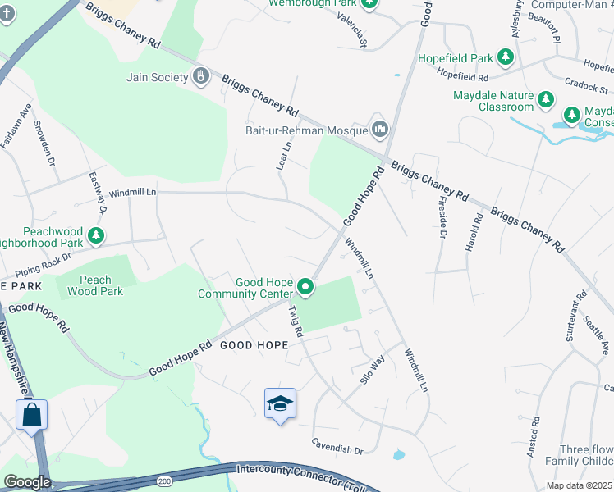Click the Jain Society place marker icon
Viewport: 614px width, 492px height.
coord(201,77)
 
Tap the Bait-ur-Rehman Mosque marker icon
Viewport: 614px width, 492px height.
coord(379,129)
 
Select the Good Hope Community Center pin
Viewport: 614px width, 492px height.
coord(305,287)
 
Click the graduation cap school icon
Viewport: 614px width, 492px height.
coord(280,403)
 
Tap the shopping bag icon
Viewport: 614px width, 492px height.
coord(32,414)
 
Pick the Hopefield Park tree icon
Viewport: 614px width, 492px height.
coord(506,57)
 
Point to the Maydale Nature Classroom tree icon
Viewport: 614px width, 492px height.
coord(546,101)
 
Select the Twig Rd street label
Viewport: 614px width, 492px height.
coord(295,321)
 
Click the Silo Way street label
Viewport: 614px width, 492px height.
coord(372,370)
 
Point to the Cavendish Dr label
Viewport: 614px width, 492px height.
coord(337,449)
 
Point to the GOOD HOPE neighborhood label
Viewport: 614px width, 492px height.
coord(254,345)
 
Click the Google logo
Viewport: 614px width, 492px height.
coord(27,482)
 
